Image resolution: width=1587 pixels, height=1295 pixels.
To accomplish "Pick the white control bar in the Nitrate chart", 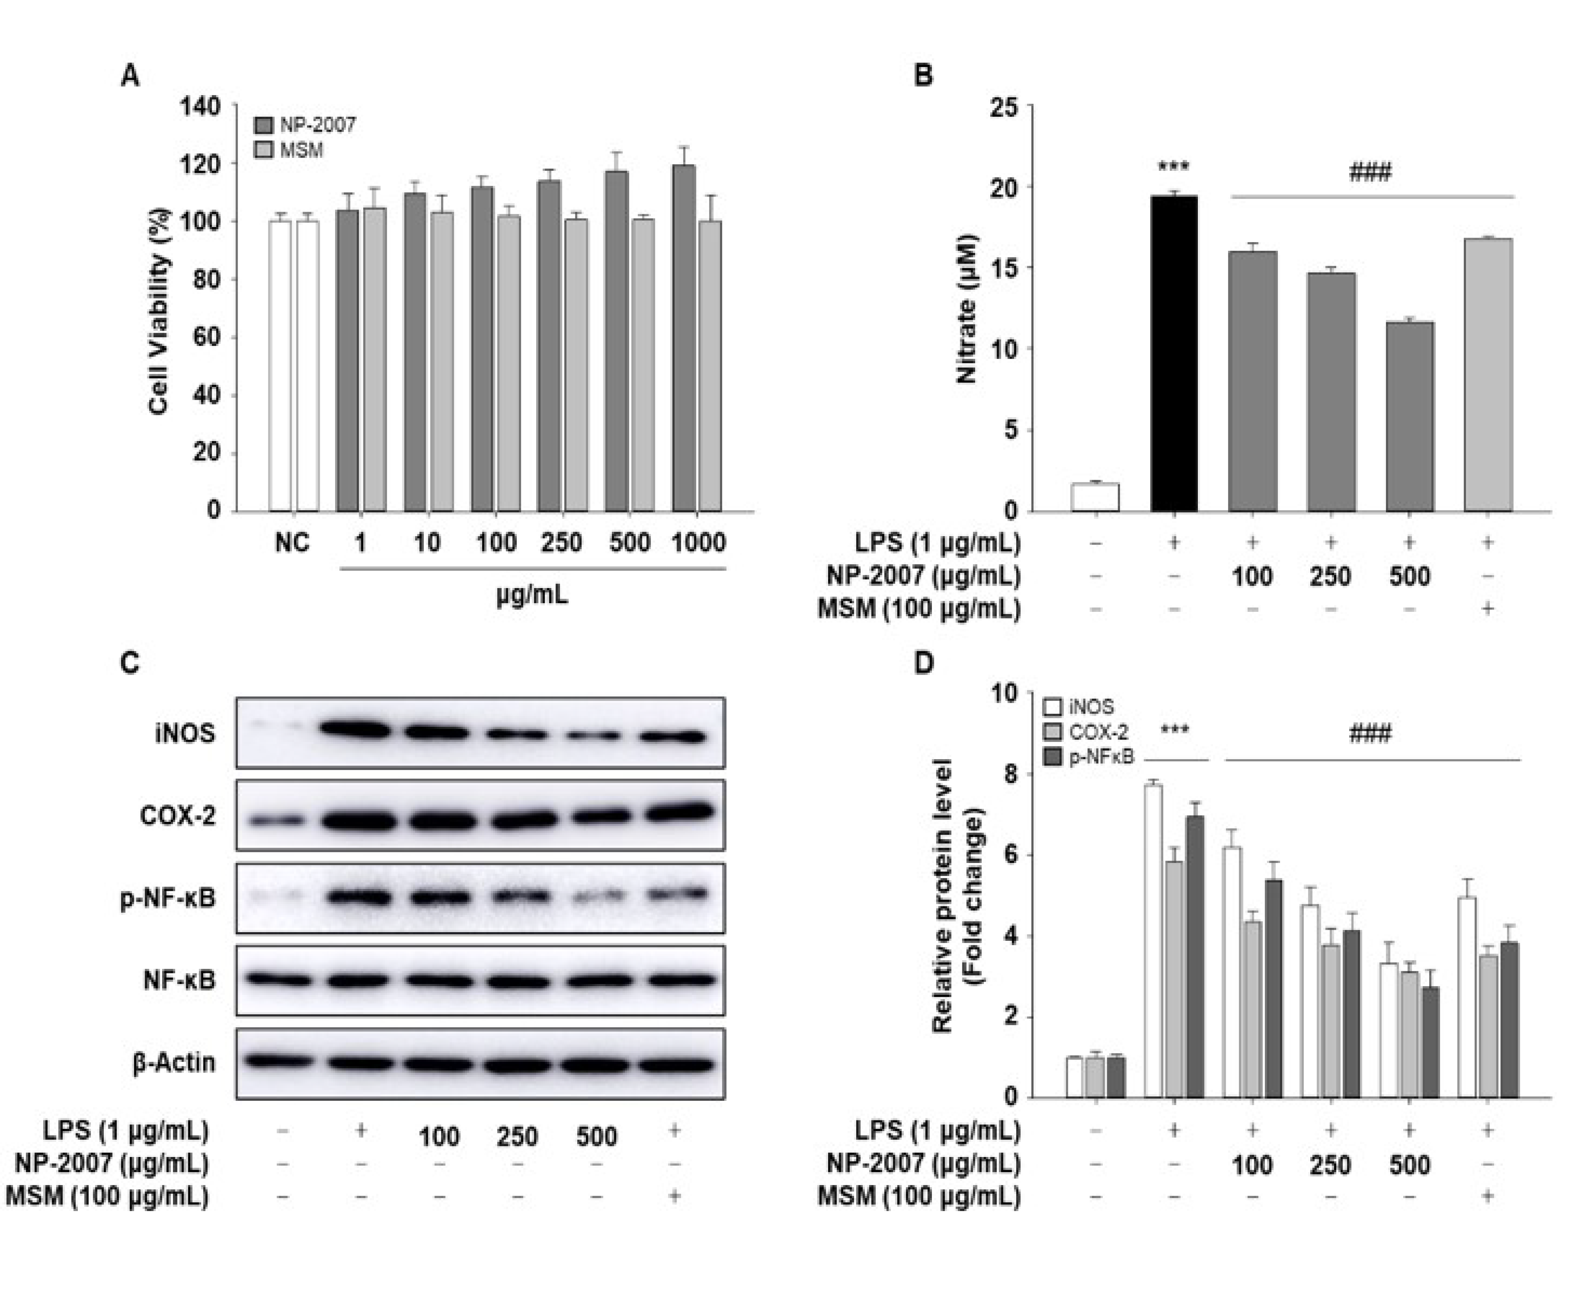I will pyautogui.click(x=1094, y=498).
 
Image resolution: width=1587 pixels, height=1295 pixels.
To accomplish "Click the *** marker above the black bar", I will pyautogui.click(x=1174, y=167).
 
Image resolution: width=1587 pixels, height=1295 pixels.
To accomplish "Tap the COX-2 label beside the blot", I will pyautogui.click(x=177, y=816).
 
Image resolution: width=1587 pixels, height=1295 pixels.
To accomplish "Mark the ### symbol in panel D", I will pyautogui.click(x=1370, y=734).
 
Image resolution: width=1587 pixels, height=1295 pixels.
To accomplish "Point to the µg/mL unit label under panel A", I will pyautogui.click(x=532, y=595).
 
